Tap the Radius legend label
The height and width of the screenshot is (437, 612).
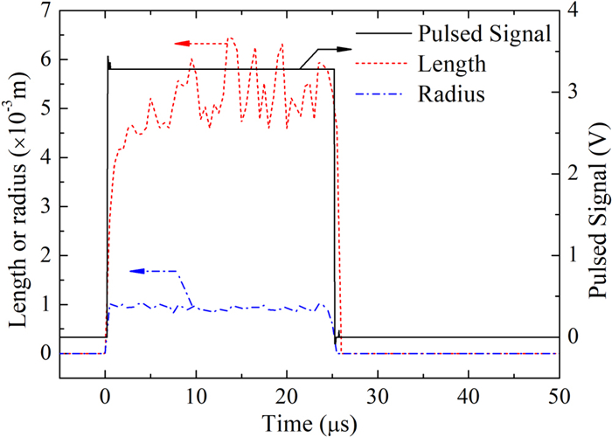coord(451,94)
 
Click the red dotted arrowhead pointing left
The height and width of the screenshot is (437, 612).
coord(179,43)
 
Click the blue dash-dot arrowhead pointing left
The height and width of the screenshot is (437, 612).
coord(136,272)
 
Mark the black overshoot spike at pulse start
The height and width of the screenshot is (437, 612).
coord(108,59)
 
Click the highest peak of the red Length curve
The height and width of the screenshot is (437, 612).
coord(230,38)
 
